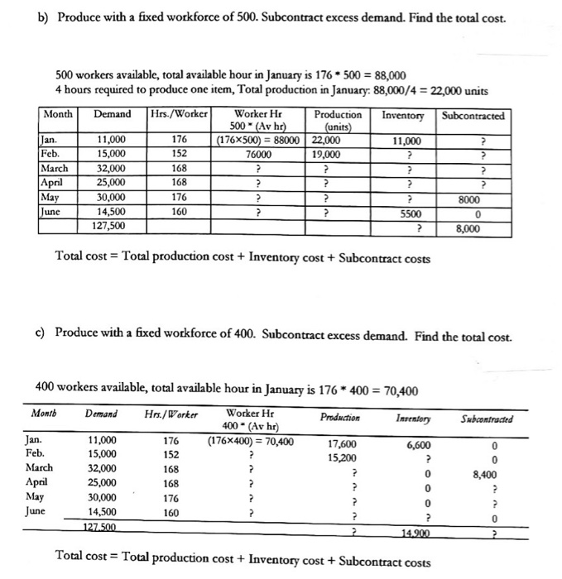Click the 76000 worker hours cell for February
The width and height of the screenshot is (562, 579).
click(x=260, y=153)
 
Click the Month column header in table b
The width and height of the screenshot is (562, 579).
click(x=58, y=115)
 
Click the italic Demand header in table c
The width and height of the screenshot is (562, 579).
click(x=100, y=414)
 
